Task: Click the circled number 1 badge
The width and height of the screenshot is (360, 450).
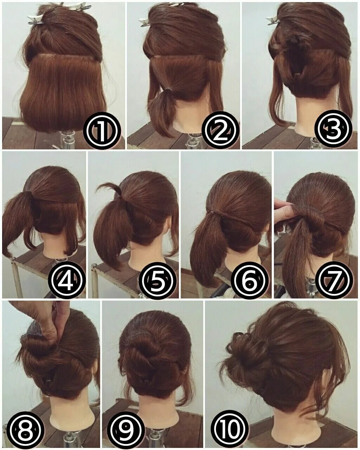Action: (x=103, y=130)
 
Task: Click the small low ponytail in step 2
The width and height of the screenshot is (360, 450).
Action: (x=162, y=105)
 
